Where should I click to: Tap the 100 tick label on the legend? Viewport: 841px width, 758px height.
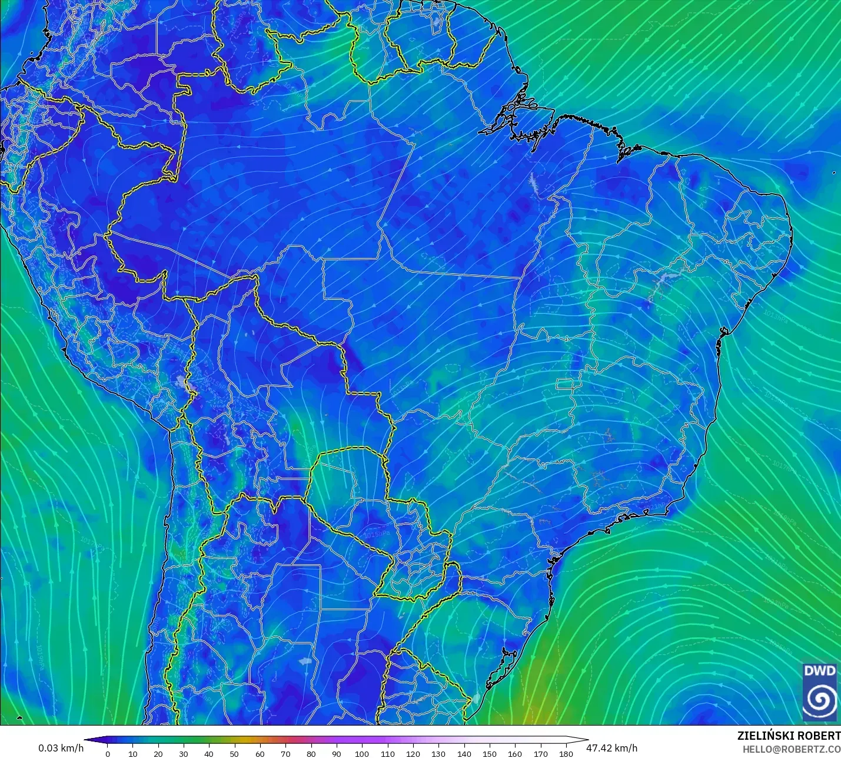[362, 753]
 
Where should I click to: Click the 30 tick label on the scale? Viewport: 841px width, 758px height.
[184, 753]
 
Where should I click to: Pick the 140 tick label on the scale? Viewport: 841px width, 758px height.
[464, 753]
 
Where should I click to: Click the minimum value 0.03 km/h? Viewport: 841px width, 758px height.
[61, 748]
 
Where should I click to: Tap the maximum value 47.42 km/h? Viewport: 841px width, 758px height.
[612, 748]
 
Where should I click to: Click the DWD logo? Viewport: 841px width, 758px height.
[820, 691]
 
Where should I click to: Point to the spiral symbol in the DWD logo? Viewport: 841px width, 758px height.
[820, 700]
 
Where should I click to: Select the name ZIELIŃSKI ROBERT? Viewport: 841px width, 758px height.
[789, 736]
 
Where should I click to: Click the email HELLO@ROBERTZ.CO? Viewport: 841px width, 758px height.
[791, 749]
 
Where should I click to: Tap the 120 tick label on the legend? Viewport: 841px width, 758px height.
[413, 753]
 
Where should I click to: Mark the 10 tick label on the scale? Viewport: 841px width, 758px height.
[132, 753]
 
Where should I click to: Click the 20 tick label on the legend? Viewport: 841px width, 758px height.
[158, 753]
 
